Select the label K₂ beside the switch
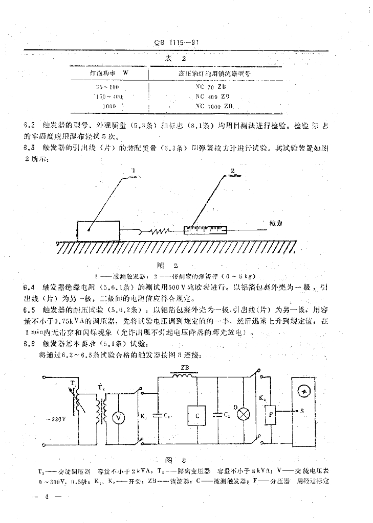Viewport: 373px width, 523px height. [x=261, y=397]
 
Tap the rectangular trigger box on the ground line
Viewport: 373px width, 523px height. [x=98, y=231]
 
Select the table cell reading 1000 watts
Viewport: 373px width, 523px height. [x=109, y=106]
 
